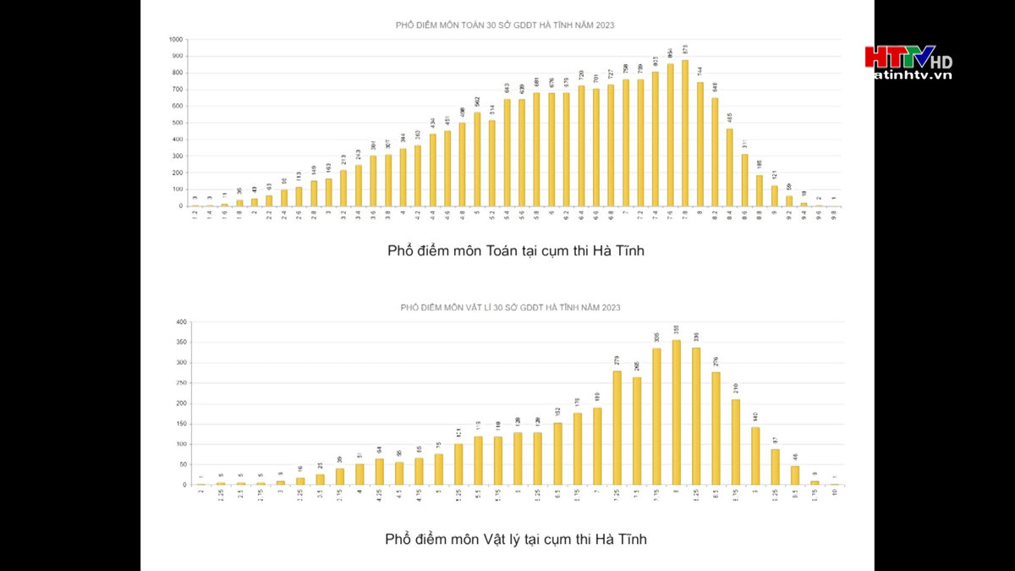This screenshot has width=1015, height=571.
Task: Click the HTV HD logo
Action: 908,61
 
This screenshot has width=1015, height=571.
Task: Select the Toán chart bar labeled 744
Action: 700,144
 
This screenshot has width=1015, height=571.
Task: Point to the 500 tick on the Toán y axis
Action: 177,123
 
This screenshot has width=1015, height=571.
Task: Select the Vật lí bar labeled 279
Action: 617,427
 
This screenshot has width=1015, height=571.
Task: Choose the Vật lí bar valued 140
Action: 755,456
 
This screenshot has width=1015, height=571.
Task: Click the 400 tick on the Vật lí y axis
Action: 180,322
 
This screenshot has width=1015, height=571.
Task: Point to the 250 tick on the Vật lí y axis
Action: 180,383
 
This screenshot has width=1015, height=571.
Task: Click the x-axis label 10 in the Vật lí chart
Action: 835,492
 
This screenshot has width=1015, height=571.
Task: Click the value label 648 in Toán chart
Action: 715,86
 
